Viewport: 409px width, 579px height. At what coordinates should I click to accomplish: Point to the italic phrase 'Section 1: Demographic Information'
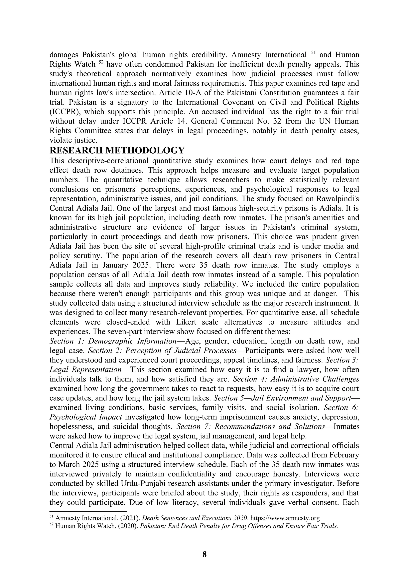(x=113, y=341)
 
